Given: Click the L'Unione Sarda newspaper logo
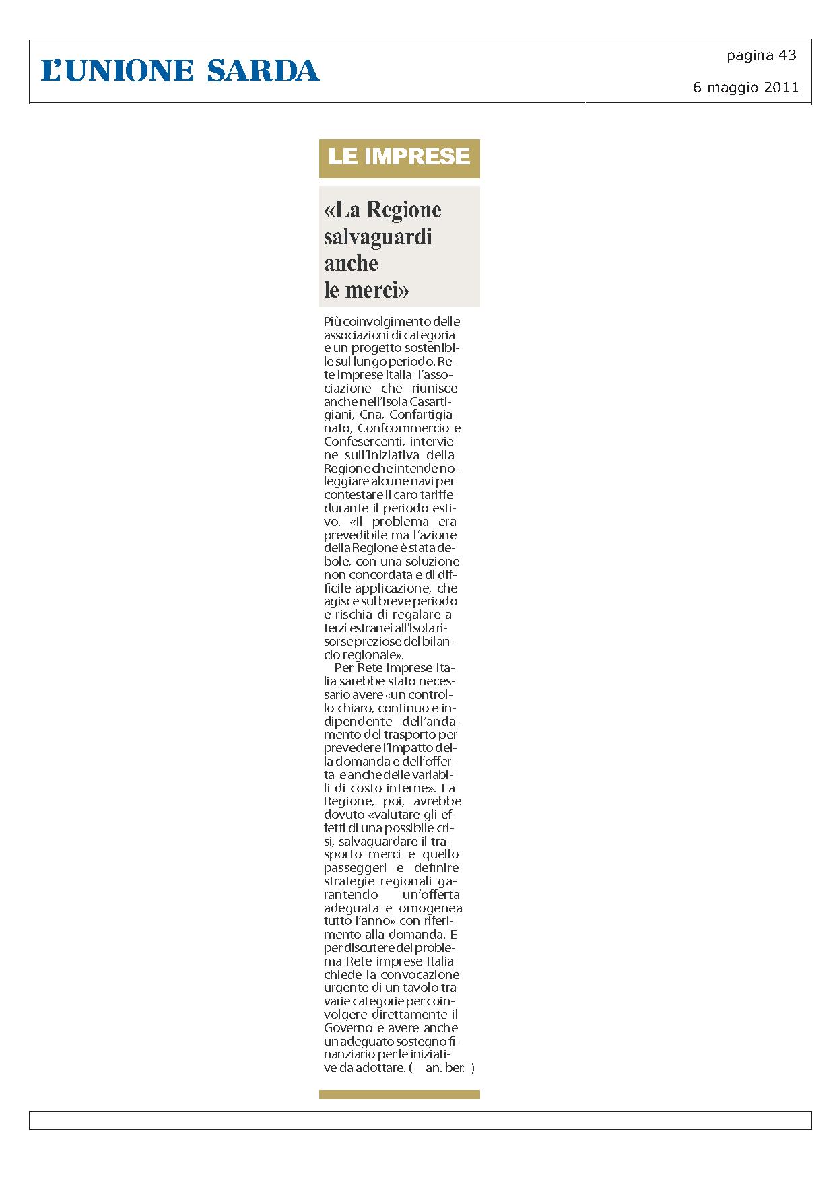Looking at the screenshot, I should pyautogui.click(x=180, y=71).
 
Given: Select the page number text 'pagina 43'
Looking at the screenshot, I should pyautogui.click(x=761, y=56).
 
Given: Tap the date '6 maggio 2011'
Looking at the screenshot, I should pyautogui.click(x=745, y=88).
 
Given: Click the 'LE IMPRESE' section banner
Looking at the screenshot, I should pyautogui.click(x=399, y=157).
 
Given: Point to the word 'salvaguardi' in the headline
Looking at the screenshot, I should pyautogui.click(x=378, y=237).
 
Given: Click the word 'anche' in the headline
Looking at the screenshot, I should pyautogui.click(x=351, y=263).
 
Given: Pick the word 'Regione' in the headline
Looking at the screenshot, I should pyautogui.click(x=403, y=210).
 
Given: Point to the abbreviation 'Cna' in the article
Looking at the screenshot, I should pyautogui.click(x=371, y=415).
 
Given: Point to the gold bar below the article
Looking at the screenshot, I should pyautogui.click(x=399, y=1095).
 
